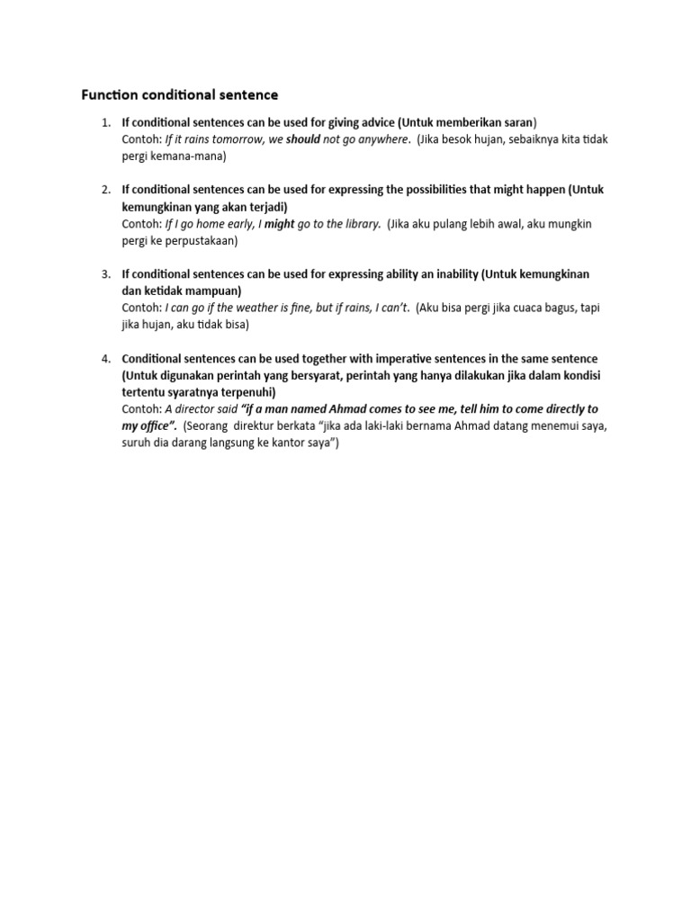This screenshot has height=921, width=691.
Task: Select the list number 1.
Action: pyautogui.click(x=105, y=122)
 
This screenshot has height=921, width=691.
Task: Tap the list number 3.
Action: pyautogui.click(x=105, y=273)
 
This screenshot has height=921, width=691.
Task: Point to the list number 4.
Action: pyautogui.click(x=105, y=358)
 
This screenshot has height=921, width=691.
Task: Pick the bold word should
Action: pyautogui.click(x=303, y=139)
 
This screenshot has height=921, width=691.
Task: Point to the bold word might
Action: pyautogui.click(x=279, y=223)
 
